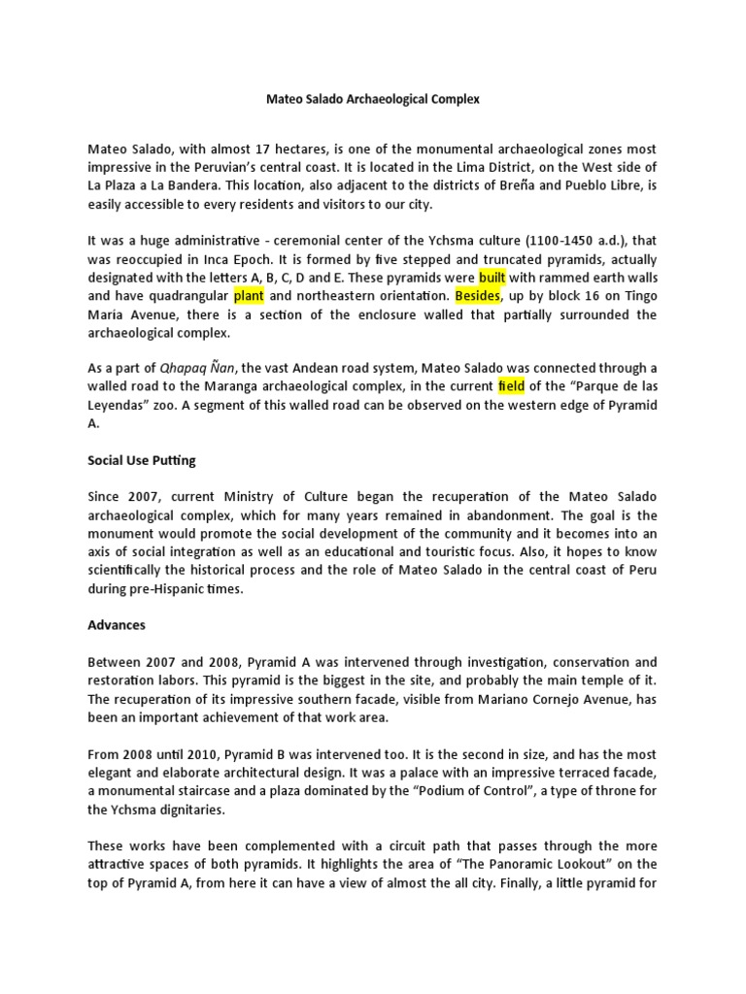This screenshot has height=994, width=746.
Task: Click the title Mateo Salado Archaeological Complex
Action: (373, 99)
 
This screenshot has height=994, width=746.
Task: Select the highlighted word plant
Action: (249, 296)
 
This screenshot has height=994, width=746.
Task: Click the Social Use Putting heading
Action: (143, 460)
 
